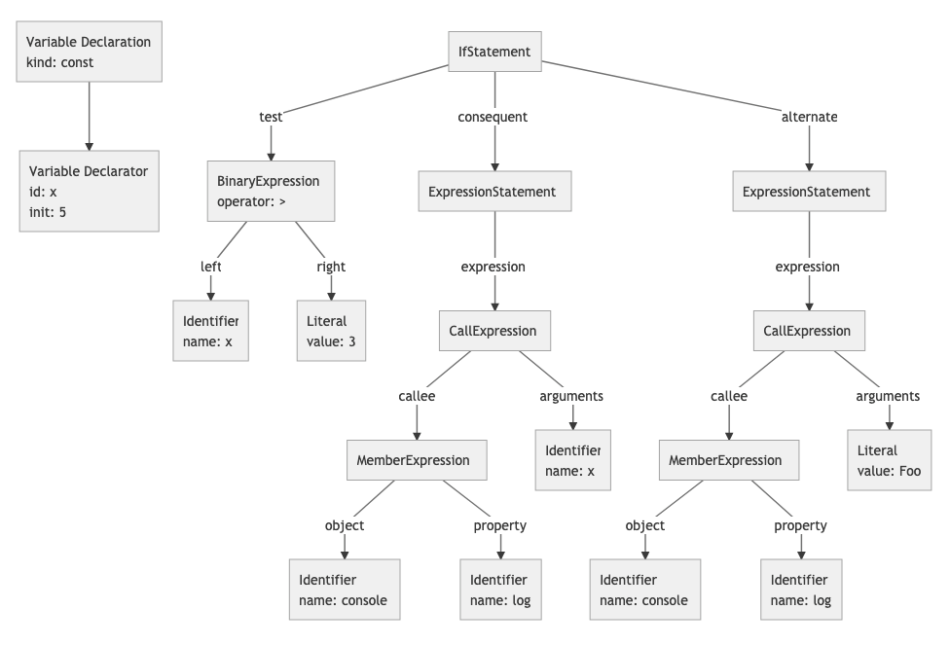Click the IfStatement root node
click(x=494, y=52)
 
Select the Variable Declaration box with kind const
click(x=89, y=52)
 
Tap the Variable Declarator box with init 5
click(x=89, y=190)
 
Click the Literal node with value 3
click(x=331, y=331)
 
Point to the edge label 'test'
click(x=271, y=117)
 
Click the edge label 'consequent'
click(x=493, y=117)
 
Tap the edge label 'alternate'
click(x=809, y=117)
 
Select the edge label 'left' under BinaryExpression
click(x=210, y=267)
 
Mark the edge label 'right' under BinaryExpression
click(x=331, y=267)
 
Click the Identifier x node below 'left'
click(x=210, y=331)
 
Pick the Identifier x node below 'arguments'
click(x=572, y=460)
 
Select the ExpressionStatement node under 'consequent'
click(x=493, y=192)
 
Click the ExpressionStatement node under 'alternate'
click(x=808, y=192)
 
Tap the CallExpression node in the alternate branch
click(x=808, y=331)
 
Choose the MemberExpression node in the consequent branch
click(x=417, y=460)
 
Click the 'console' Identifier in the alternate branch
click(x=644, y=590)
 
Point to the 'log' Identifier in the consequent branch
click(x=500, y=590)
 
